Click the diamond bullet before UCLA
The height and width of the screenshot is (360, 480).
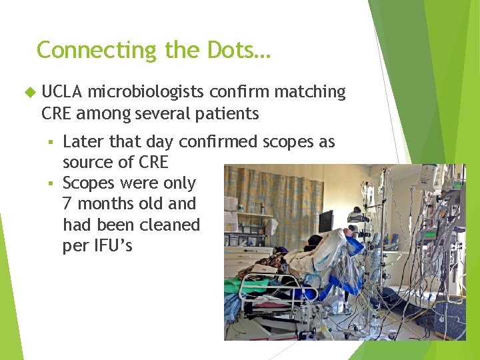(x=28, y=92)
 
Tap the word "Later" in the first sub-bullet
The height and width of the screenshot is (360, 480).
(x=83, y=142)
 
